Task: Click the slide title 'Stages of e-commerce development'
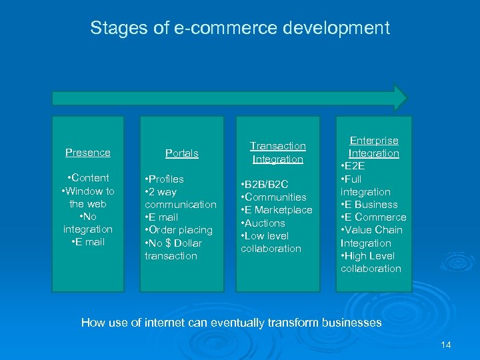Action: coord(240,28)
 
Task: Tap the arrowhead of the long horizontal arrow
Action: coord(400,97)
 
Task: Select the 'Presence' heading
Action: coord(88,153)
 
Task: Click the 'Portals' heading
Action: coord(182,153)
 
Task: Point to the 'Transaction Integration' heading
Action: coord(278,152)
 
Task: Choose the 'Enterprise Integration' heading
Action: coord(374,147)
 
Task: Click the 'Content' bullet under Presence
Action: coord(88,178)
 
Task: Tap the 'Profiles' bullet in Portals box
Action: coord(167,179)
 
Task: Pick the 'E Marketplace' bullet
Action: coord(279,210)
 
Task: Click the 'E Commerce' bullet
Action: coord(376,217)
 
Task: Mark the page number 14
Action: coord(446,345)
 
